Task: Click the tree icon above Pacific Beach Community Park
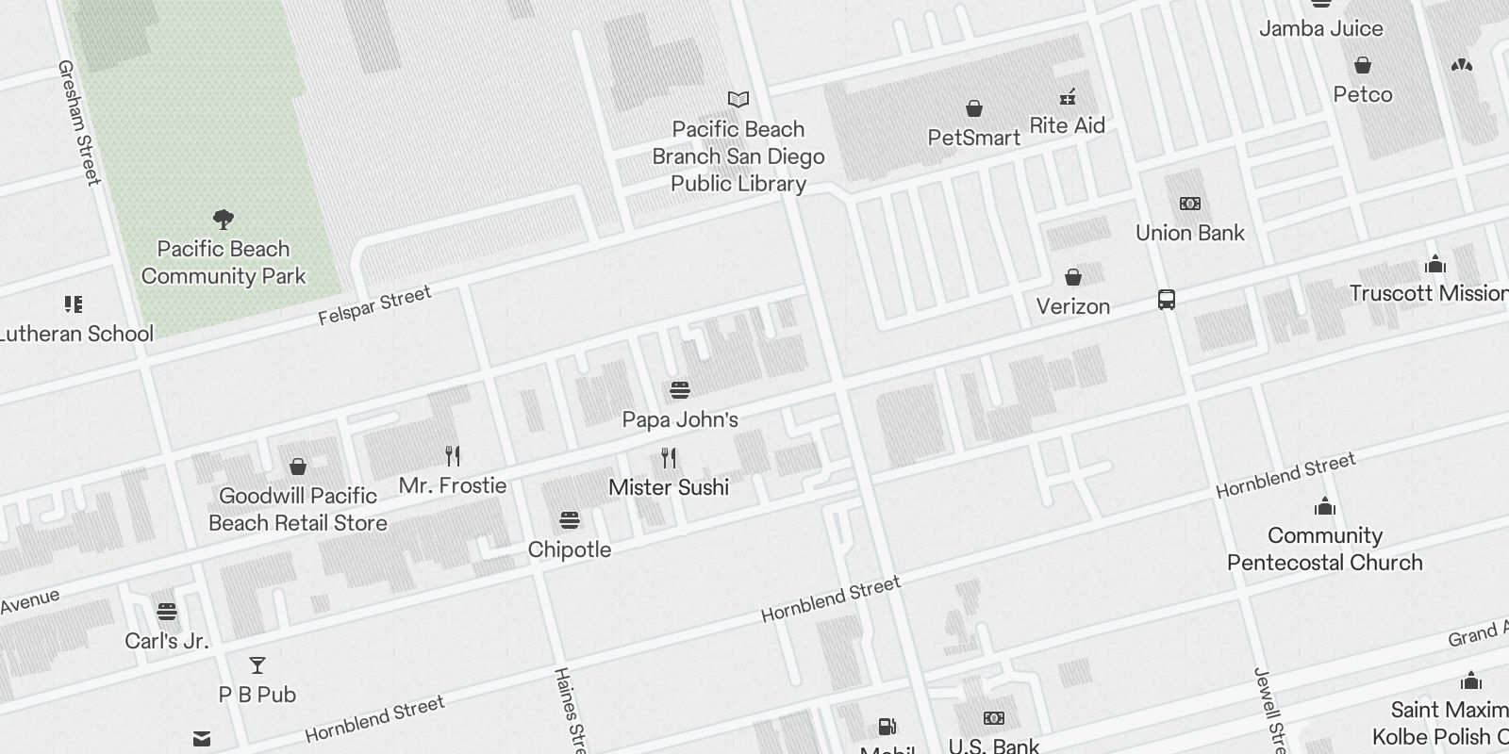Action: (224, 221)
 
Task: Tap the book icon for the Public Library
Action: (738, 99)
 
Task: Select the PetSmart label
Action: (973, 138)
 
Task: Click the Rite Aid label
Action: (1067, 125)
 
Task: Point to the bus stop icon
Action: (1167, 301)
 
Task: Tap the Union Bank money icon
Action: (1190, 204)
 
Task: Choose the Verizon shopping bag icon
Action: (1072, 277)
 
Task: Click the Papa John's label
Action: (680, 419)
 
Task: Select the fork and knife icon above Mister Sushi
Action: (669, 459)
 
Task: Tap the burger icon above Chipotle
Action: (569, 520)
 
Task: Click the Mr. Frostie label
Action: (453, 485)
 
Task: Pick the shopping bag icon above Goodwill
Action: (298, 467)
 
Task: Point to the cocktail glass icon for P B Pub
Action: (257, 665)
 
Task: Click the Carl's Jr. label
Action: (166, 641)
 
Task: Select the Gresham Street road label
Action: (79, 123)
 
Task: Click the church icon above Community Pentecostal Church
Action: (1325, 507)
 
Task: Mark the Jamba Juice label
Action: (1320, 28)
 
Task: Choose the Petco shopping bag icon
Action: (1363, 65)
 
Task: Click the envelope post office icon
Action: (202, 738)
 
